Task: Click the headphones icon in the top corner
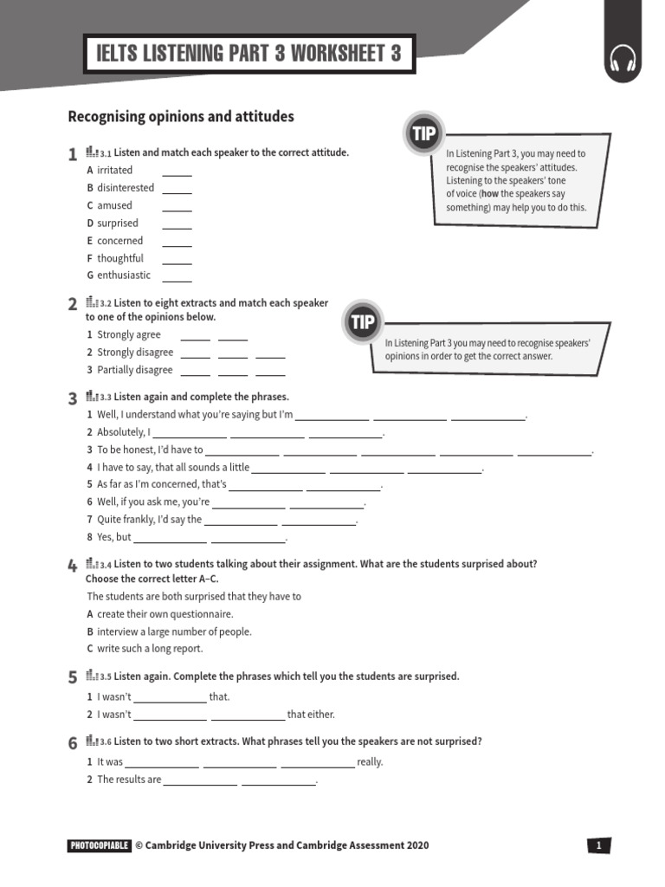click(623, 60)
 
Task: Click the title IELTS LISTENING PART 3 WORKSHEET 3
click(249, 55)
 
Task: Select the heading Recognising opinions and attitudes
click(181, 117)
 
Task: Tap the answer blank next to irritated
click(177, 171)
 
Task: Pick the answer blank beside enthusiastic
click(177, 276)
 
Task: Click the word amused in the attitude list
click(115, 206)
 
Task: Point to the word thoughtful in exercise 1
click(120, 258)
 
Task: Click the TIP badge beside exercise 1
click(423, 134)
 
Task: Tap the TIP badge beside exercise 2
click(363, 323)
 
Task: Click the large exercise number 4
click(72, 567)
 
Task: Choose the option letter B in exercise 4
click(89, 632)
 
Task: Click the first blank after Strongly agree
click(195, 336)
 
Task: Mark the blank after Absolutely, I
click(190, 433)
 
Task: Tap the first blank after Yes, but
click(170, 538)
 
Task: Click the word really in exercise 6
click(370, 762)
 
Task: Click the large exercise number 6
click(72, 744)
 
